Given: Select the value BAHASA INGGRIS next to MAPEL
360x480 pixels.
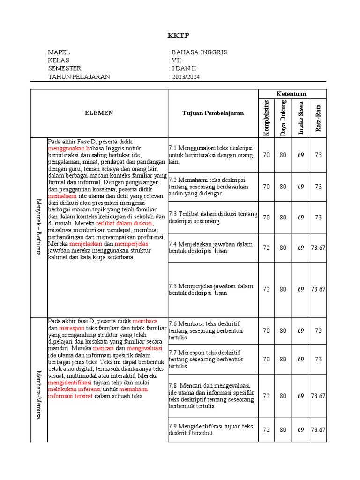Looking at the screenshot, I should (x=199, y=52).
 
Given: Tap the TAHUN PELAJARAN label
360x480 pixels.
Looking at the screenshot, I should (x=79, y=77).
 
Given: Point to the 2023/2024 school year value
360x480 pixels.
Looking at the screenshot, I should (x=185, y=77).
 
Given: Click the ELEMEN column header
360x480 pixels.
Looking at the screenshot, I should (x=99, y=113).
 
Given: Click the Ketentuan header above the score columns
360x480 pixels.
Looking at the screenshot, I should (x=292, y=94).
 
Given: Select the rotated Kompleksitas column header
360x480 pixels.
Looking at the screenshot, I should (x=266, y=118).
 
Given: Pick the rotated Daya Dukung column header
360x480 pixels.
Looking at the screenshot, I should (x=283, y=118).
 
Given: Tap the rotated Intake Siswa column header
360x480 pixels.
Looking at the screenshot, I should (x=301, y=118).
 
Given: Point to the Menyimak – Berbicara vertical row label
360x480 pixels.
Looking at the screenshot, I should (x=39, y=227).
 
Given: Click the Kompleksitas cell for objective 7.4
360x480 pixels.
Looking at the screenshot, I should (x=266, y=247).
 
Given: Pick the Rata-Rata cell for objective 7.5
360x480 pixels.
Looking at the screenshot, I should (x=318, y=289).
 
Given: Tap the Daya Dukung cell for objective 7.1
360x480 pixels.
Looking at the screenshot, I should (x=283, y=155).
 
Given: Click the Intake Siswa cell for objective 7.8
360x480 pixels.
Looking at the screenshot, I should (x=301, y=396).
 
